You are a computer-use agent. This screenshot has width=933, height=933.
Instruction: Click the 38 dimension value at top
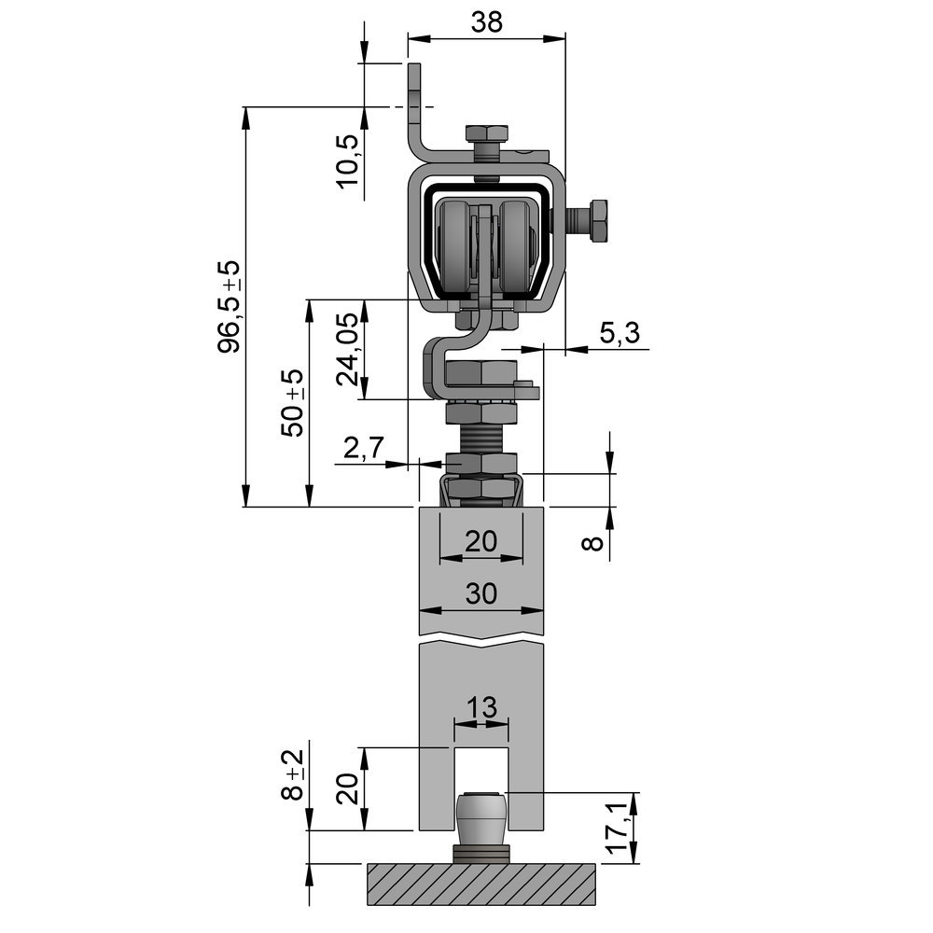click(486, 21)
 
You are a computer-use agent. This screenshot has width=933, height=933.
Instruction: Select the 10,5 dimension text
click(347, 160)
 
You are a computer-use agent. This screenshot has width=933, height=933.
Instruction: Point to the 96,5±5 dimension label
click(230, 306)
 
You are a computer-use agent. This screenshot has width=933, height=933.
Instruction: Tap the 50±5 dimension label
click(293, 402)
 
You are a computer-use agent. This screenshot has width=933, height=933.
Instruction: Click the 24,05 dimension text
click(347, 350)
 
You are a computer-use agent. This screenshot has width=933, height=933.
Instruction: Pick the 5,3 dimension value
click(620, 333)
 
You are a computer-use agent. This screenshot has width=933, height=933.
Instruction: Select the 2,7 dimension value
click(363, 449)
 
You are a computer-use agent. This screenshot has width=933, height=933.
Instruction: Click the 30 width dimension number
click(481, 594)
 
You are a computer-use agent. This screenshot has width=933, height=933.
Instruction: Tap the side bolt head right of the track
click(597, 220)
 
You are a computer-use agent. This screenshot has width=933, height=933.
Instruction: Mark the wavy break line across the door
click(481, 643)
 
